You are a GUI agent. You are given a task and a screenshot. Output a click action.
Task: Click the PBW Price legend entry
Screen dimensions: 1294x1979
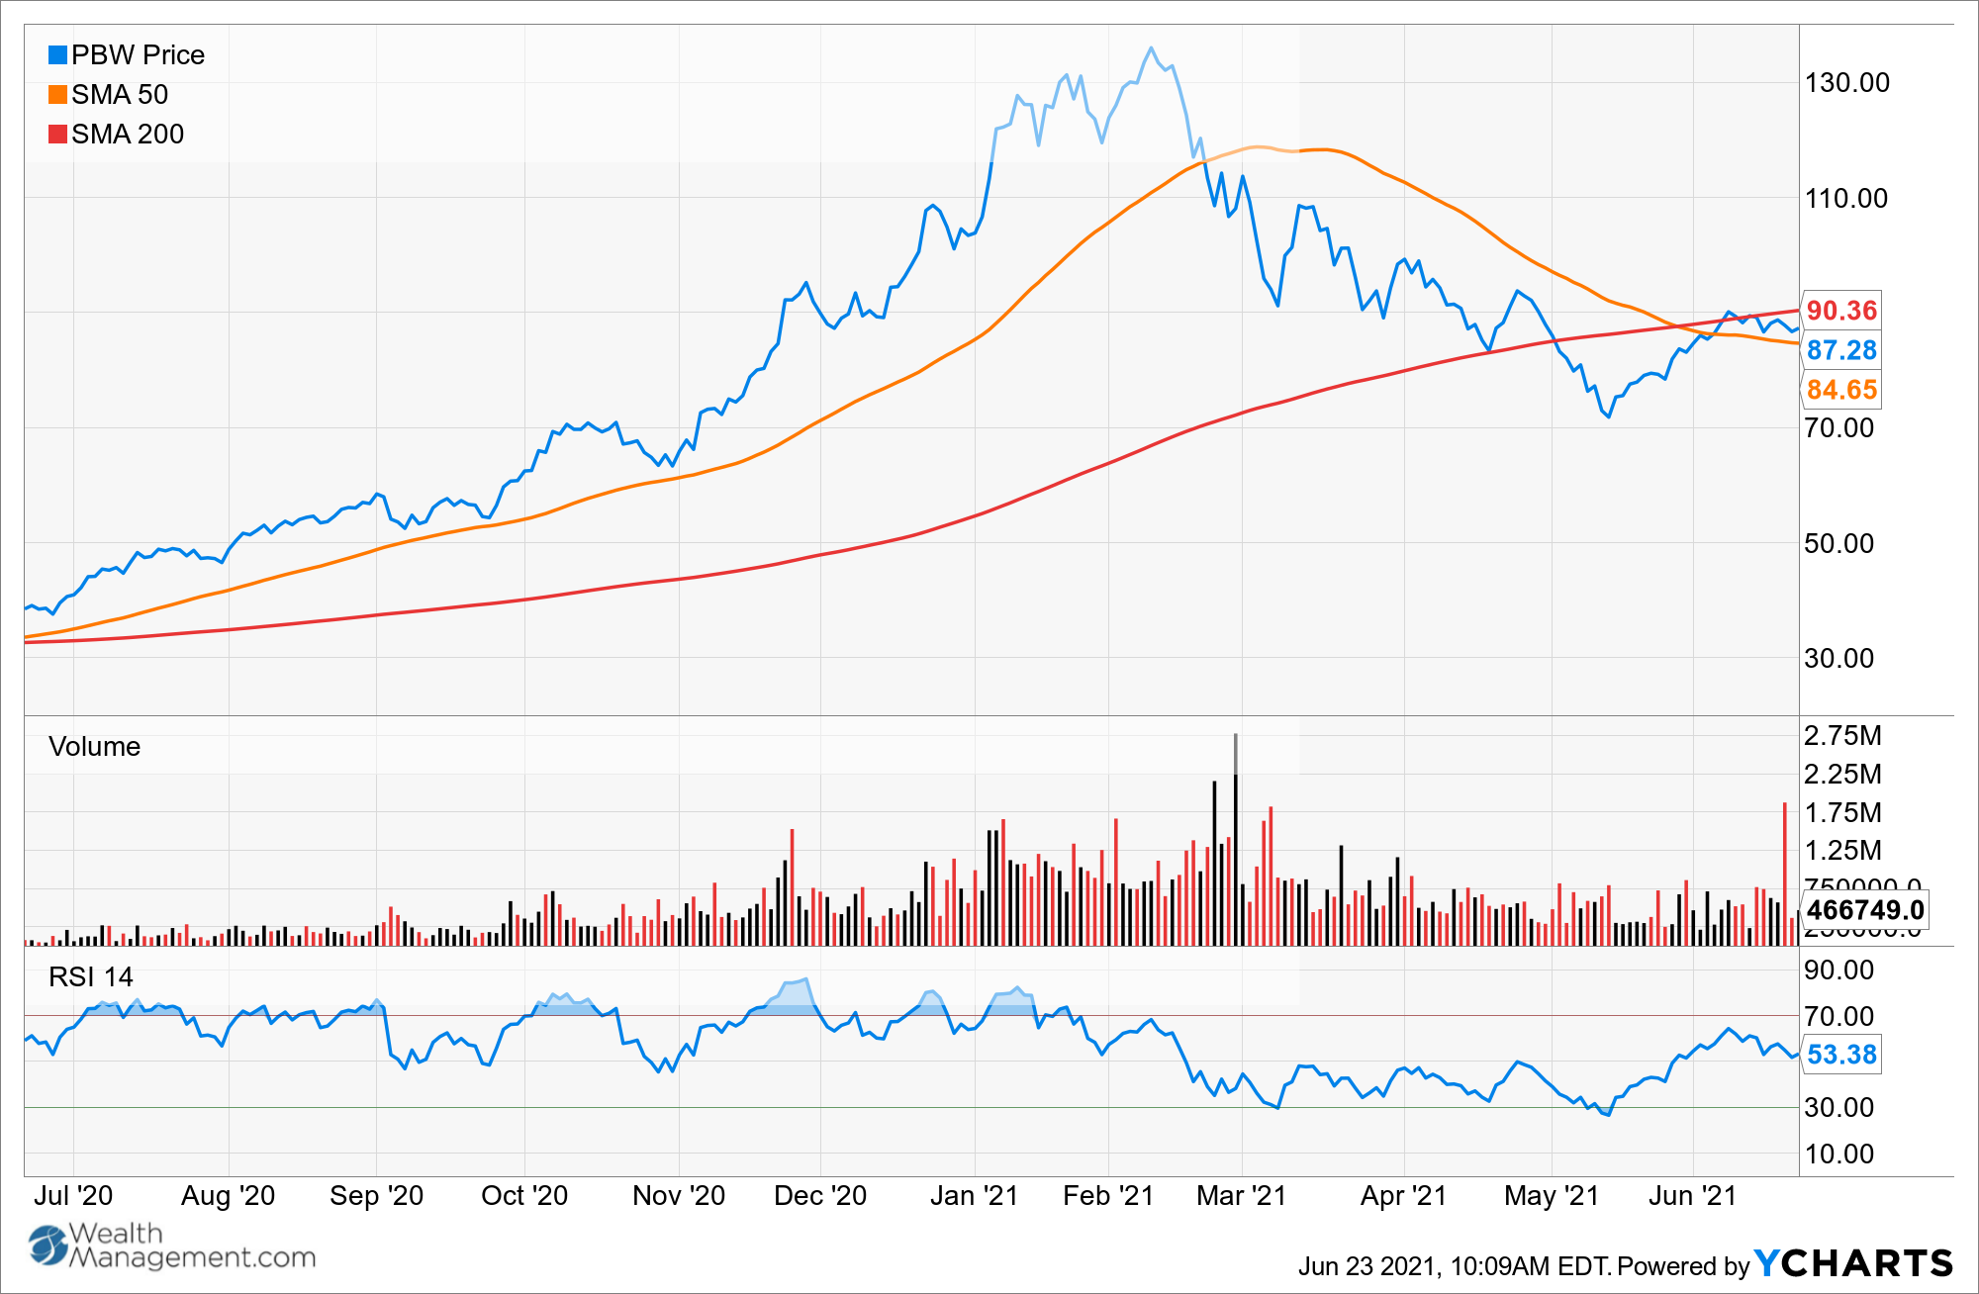(x=127, y=55)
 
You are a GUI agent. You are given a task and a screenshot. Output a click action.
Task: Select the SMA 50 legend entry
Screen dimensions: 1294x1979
(x=109, y=95)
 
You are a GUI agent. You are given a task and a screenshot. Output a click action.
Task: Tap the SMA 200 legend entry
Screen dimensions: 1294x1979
(x=117, y=135)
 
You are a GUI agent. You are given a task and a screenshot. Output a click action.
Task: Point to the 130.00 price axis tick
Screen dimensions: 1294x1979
(x=1846, y=83)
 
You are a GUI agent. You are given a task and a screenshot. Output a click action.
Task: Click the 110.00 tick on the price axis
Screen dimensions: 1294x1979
(x=1845, y=199)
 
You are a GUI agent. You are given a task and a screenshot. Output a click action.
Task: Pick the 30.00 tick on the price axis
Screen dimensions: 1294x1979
(x=1838, y=659)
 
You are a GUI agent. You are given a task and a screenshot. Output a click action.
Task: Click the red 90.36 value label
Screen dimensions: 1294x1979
(x=1840, y=311)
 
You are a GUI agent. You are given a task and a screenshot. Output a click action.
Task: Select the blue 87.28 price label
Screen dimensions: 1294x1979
(x=1840, y=350)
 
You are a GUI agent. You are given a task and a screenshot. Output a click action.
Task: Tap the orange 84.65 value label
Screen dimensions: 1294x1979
(x=1840, y=390)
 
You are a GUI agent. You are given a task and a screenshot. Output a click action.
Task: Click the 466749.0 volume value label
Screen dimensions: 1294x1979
(x=1865, y=910)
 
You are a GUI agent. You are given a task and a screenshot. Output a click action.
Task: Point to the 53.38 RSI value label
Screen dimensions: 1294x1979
(x=1840, y=1055)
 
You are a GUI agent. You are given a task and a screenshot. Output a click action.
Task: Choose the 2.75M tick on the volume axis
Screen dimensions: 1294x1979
(x=1842, y=736)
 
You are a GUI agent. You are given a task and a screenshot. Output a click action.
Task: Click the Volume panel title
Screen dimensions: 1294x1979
(x=94, y=747)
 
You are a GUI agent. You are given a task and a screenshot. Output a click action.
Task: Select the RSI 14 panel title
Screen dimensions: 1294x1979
(x=90, y=977)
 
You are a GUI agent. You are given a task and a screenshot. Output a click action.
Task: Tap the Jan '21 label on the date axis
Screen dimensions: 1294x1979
(x=974, y=1196)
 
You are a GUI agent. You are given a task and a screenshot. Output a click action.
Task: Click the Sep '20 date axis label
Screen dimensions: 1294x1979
(x=376, y=1196)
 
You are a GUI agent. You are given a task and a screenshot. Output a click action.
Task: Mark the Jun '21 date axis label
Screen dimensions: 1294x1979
(x=1692, y=1196)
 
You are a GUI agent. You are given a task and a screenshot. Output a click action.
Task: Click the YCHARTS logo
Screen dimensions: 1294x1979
(x=1853, y=1263)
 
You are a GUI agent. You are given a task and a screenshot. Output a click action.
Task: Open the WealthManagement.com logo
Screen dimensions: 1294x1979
(x=172, y=1247)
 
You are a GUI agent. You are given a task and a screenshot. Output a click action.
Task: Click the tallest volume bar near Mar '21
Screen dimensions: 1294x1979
(x=1235, y=841)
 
